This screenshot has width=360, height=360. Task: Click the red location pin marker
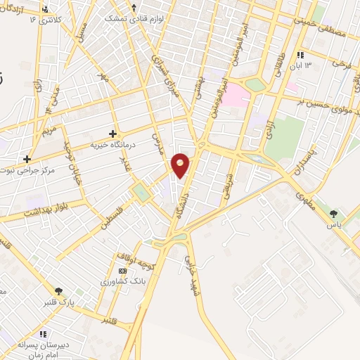(181, 165)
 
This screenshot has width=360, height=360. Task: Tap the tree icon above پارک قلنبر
(59, 291)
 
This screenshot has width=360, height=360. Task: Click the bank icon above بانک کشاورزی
(123, 271)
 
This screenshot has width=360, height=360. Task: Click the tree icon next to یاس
(333, 213)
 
